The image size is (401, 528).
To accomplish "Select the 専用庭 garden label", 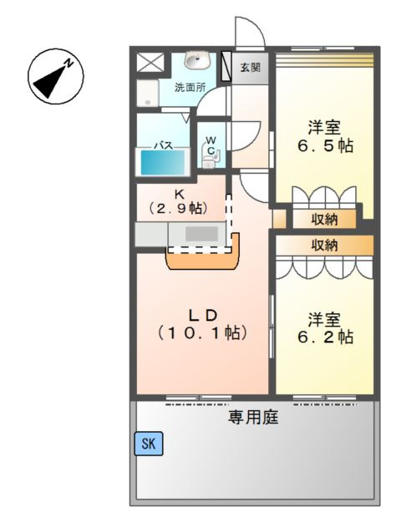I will coord(253,418).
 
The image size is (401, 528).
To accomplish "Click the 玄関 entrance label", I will coord(250,67).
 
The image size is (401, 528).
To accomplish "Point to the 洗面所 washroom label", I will coord(190,86).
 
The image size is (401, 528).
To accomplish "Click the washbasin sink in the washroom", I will coord(197,60).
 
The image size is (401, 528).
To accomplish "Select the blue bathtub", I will coord(163,161).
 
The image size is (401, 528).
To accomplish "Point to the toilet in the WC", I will coord(210,156).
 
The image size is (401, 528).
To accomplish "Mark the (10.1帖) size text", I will coord(202,333).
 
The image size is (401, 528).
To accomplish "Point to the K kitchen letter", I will coord(178,191).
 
